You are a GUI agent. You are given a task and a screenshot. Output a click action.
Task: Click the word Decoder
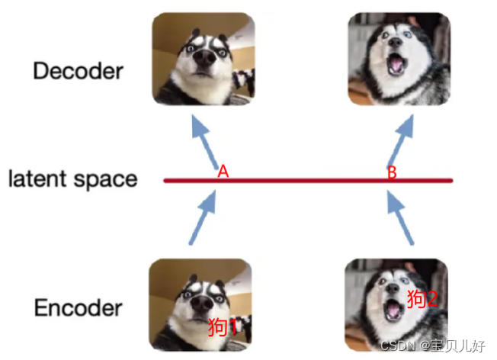(x=78, y=72)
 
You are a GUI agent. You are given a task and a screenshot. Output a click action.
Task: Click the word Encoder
(x=78, y=308)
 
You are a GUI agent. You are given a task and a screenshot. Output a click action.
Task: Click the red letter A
(x=223, y=172)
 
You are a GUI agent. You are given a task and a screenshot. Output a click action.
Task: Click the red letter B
(x=392, y=173)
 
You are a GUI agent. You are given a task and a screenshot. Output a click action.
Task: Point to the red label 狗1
(x=223, y=326)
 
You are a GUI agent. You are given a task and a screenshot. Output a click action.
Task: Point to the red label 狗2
(x=422, y=298)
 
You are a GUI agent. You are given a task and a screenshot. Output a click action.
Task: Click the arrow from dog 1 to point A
(x=202, y=220)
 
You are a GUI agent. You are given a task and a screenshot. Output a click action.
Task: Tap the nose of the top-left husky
(x=204, y=56)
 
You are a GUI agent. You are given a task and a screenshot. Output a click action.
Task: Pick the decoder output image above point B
(x=399, y=59)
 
